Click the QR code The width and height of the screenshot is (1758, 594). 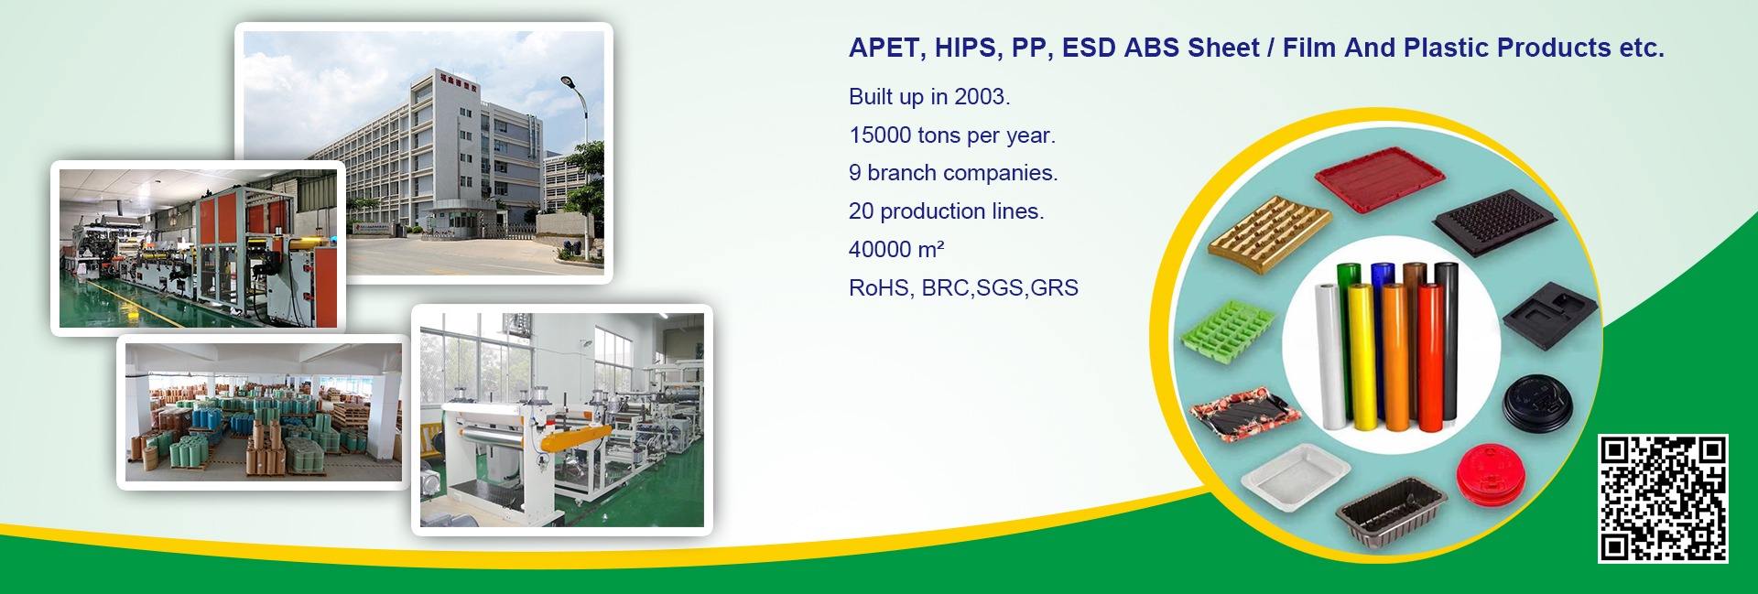coord(1664,499)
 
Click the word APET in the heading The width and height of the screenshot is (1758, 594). coord(882,49)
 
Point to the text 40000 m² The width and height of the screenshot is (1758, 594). coord(896,249)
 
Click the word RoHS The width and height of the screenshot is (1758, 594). coord(878,287)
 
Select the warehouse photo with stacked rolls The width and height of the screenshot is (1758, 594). coord(264,412)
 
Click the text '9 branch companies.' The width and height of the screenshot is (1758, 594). coord(953,173)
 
